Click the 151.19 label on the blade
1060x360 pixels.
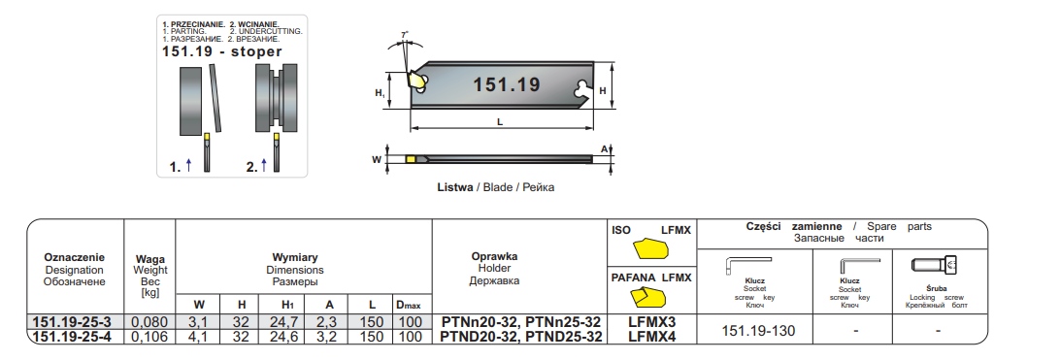tap(507, 85)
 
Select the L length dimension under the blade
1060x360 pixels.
tap(500, 122)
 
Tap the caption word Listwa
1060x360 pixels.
tap(455, 188)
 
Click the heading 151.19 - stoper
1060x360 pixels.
tap(222, 52)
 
